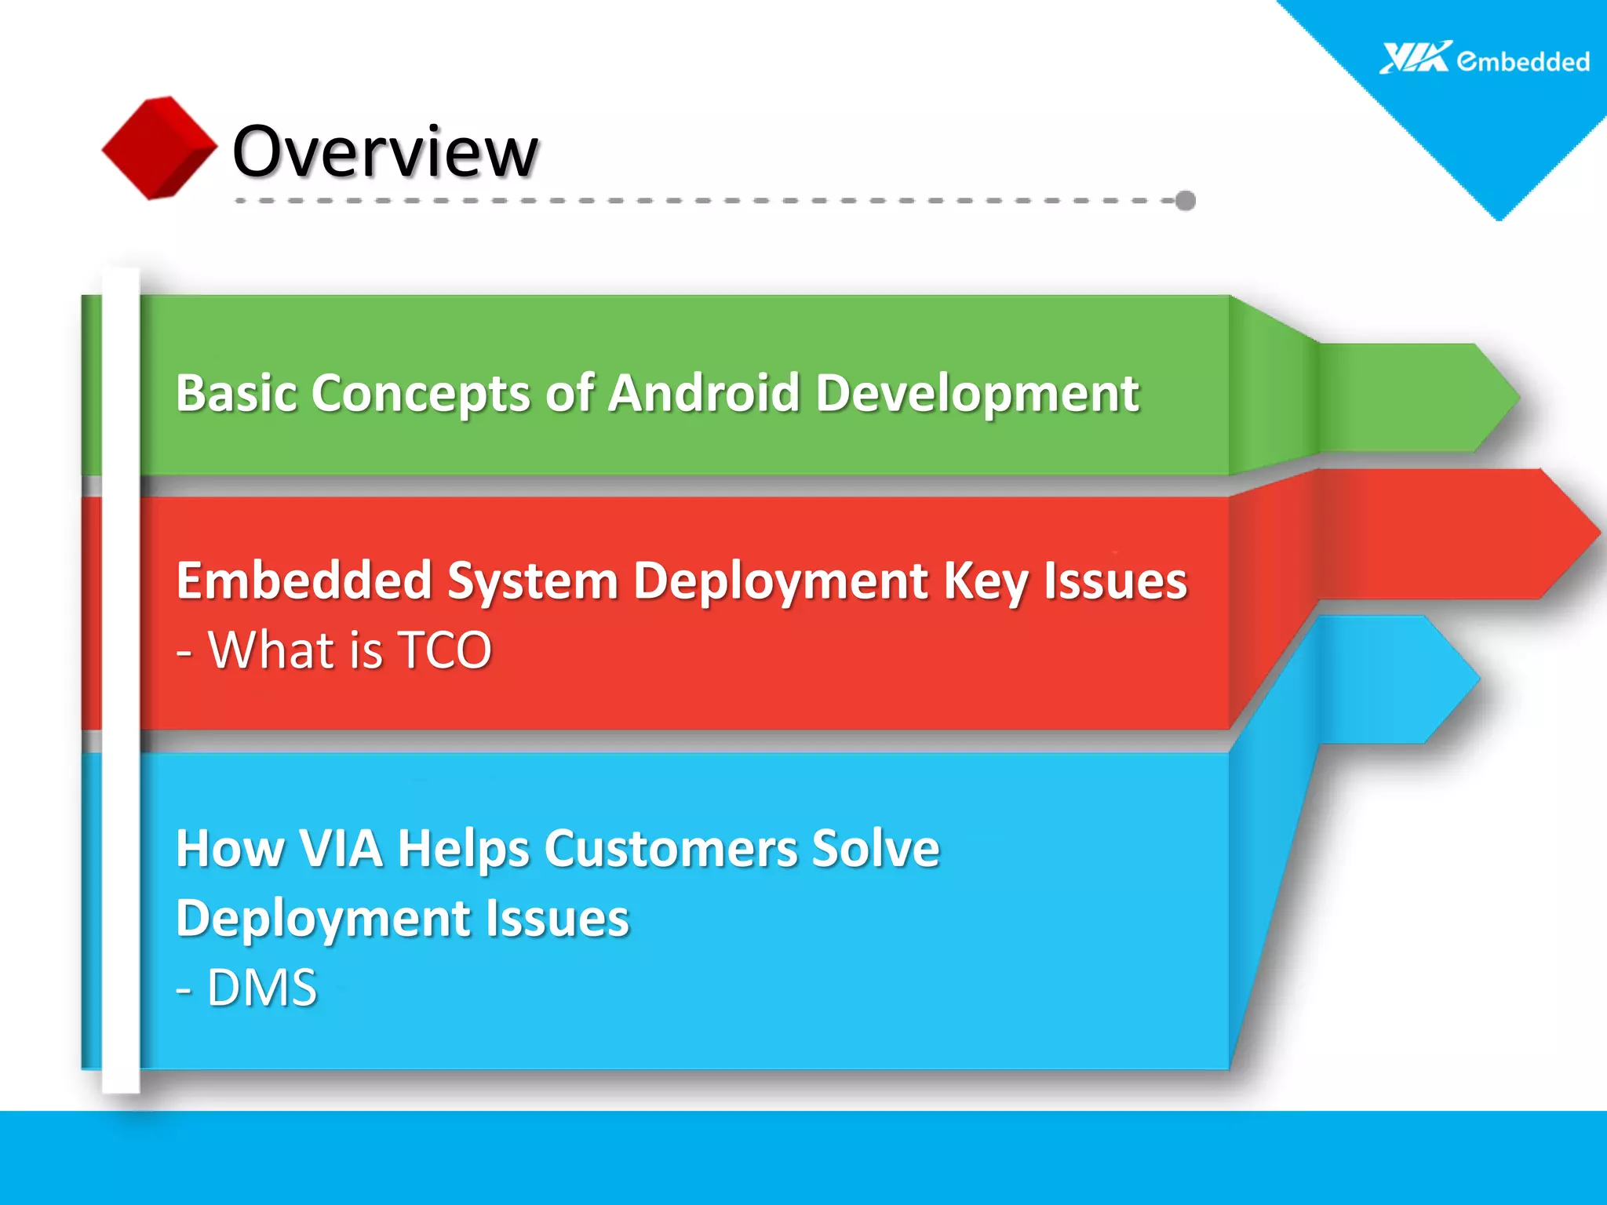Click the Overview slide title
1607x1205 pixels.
pos(385,151)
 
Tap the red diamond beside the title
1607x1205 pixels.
pos(159,147)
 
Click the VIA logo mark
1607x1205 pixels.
pos(1415,58)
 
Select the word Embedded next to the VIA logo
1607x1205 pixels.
pos(1523,61)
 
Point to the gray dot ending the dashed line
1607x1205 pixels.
pos(1186,201)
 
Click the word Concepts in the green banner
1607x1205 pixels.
pos(421,394)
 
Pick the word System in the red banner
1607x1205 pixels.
pos(533,581)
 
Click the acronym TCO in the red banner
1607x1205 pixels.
pos(445,650)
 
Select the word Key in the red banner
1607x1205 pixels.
pos(986,583)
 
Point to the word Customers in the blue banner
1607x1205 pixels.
pos(671,849)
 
